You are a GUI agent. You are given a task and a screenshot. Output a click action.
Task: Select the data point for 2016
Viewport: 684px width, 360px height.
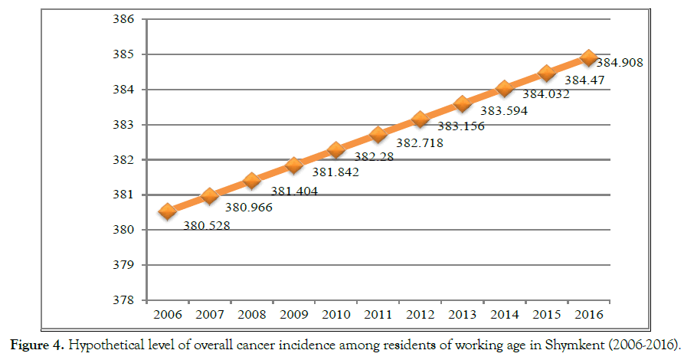pyautogui.click(x=588, y=57)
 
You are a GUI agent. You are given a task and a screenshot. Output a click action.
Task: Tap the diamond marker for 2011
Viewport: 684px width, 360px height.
pyautogui.click(x=378, y=135)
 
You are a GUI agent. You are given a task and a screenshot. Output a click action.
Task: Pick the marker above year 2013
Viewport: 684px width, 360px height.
pyautogui.click(x=462, y=103)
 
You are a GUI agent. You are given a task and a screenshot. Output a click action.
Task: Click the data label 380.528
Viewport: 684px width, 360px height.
pyautogui.click(x=206, y=225)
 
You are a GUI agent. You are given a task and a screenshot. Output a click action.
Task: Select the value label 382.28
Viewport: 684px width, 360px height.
pyautogui.click(x=375, y=157)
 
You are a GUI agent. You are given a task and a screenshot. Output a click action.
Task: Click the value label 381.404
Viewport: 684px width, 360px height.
pyautogui.click(x=290, y=191)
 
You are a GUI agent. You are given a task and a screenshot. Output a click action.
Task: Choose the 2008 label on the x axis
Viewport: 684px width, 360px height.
pyautogui.click(x=252, y=315)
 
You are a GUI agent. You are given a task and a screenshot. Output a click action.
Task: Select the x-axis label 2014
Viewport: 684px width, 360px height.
pyautogui.click(x=504, y=315)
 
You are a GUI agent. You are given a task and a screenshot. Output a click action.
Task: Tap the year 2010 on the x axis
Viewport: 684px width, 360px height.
pyautogui.click(x=335, y=315)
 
